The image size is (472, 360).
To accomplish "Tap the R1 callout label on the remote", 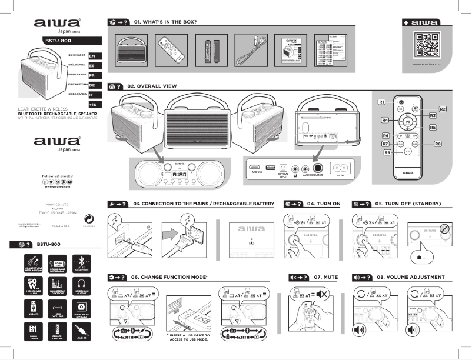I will coord(381,102).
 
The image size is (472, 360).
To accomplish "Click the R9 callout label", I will coord(387,152).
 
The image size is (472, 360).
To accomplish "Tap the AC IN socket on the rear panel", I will coord(341,167).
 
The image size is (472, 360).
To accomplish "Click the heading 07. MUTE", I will coord(325,276).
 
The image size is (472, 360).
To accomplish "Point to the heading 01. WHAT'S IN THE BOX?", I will coord(165,22).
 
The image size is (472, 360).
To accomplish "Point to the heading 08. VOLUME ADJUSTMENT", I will coord(408,276).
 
